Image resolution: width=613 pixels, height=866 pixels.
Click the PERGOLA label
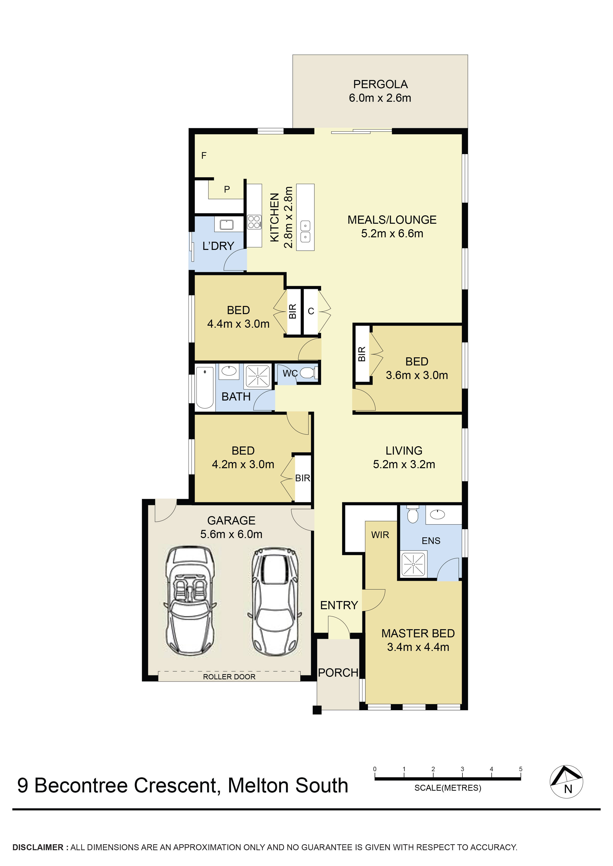(x=380, y=84)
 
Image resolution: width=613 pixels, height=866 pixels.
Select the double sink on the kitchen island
(x=305, y=231)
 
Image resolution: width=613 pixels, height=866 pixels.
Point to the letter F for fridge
(x=204, y=155)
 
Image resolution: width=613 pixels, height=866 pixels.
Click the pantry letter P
(x=227, y=189)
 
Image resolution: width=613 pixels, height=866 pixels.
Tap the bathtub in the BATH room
(x=205, y=388)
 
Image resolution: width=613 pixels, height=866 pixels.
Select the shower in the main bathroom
(x=258, y=376)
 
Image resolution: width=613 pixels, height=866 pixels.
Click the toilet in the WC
(x=308, y=373)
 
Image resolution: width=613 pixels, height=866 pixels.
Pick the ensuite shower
(x=413, y=564)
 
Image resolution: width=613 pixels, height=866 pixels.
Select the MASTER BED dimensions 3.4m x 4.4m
(x=418, y=647)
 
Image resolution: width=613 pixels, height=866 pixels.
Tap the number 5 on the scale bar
(x=521, y=769)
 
